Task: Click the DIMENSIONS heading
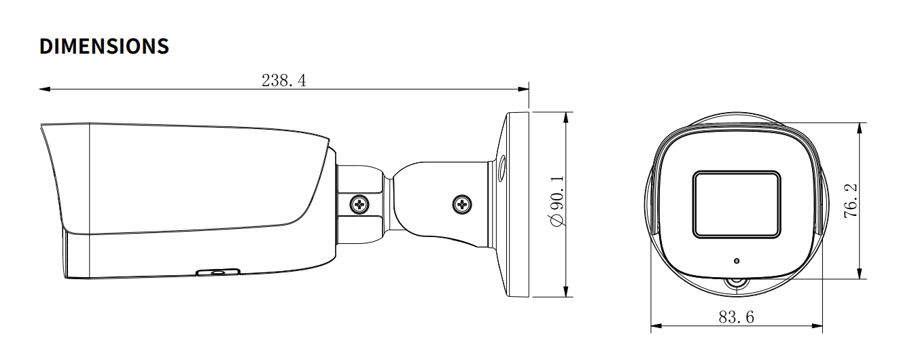click(x=104, y=46)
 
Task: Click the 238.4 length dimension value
click(x=284, y=80)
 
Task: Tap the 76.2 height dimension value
click(x=849, y=200)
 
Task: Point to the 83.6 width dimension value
click(x=736, y=317)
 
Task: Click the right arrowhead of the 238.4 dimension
click(x=524, y=88)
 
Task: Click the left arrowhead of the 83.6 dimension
click(x=656, y=327)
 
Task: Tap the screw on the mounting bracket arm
click(x=463, y=202)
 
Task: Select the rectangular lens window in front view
click(x=736, y=204)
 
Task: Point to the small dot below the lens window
click(x=737, y=260)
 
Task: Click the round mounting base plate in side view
click(x=516, y=204)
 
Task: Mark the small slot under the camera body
click(x=217, y=272)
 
